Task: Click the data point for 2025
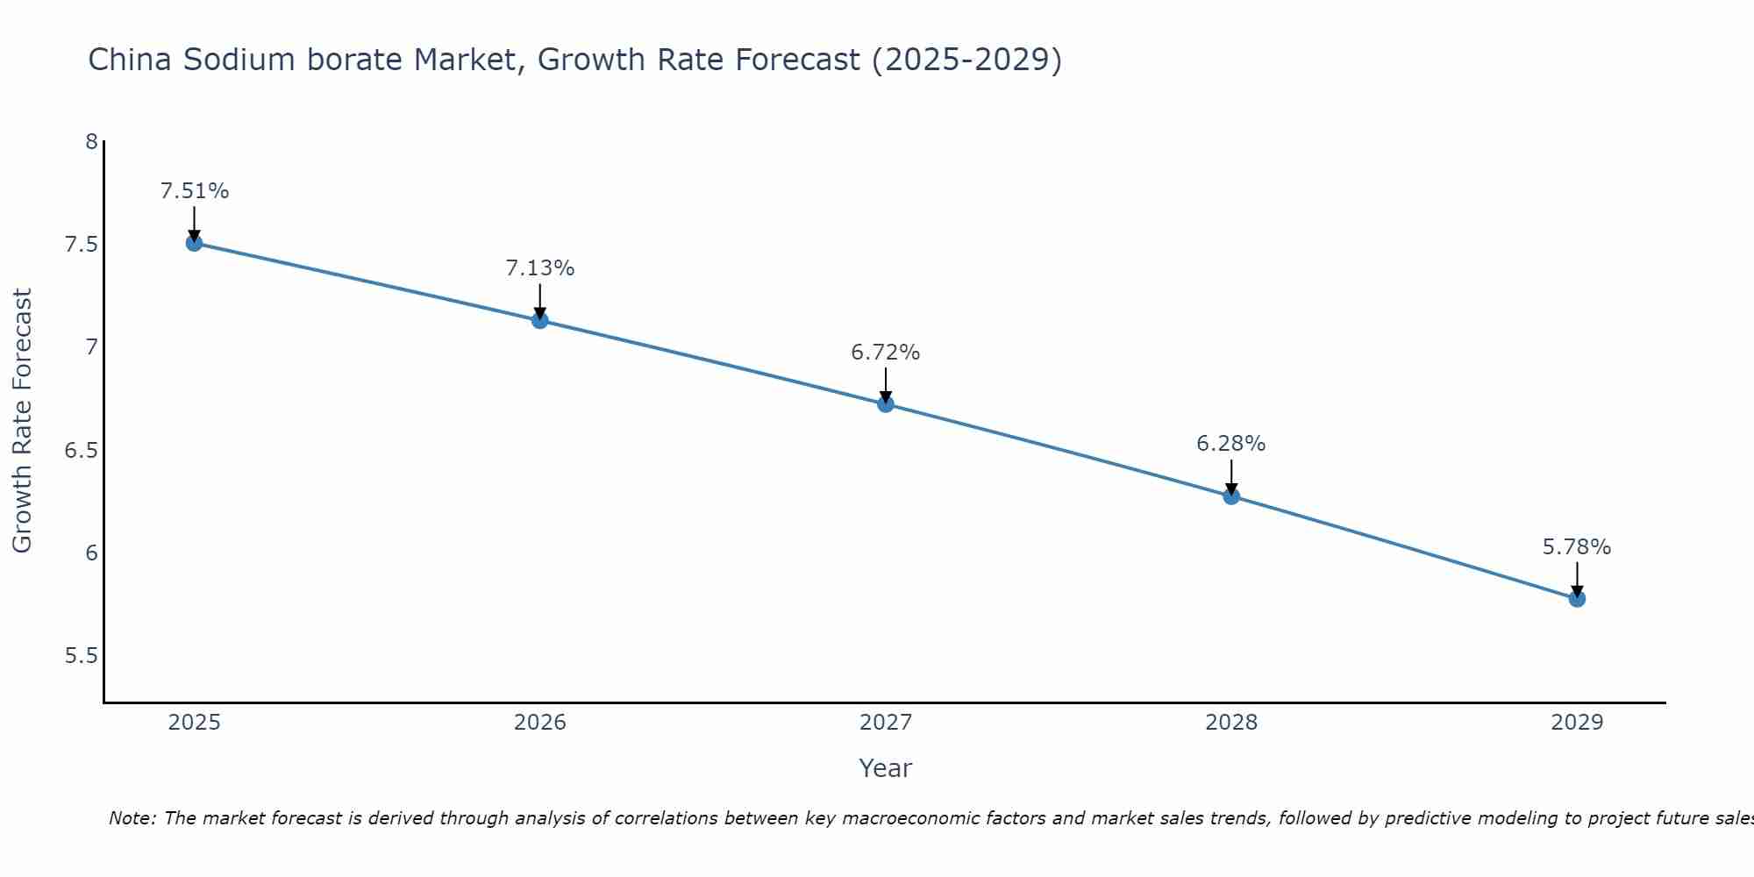195,243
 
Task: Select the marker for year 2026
540,320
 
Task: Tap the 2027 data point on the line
886,404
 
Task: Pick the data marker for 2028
1231,496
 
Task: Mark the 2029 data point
1577,599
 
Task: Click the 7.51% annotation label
195,191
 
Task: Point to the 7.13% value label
540,268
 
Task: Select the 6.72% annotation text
886,353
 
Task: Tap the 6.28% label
1231,444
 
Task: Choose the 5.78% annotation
1577,547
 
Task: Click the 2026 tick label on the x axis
540,723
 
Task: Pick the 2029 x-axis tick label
1577,723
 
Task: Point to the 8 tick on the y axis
91,141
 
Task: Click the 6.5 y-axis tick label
81,451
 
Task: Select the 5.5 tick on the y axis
81,657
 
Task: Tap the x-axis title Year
886,768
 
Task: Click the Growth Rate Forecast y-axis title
22,421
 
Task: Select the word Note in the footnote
132,818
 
